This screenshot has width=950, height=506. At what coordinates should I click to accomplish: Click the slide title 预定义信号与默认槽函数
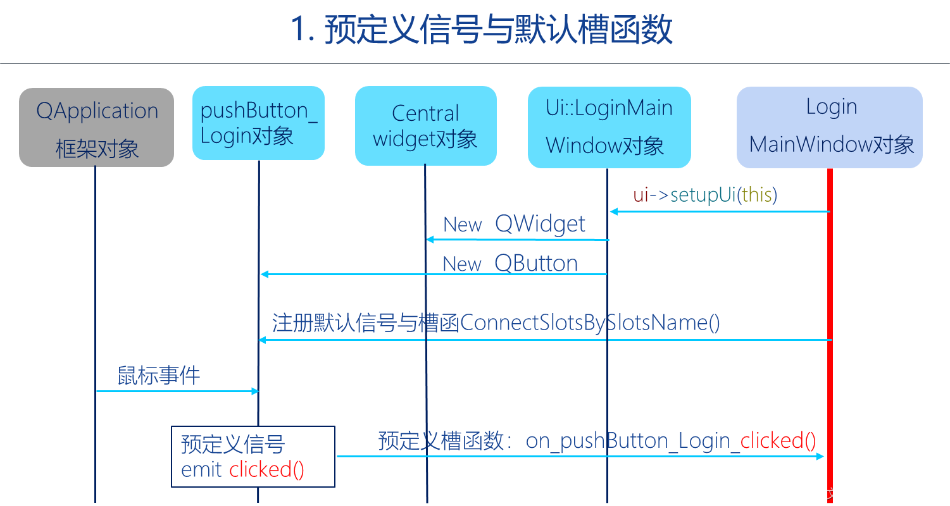tap(499, 29)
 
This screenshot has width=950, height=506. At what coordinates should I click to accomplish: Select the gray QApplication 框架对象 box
tap(97, 127)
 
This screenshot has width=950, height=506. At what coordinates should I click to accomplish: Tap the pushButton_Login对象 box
tap(259, 123)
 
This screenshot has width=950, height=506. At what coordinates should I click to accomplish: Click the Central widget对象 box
tap(426, 126)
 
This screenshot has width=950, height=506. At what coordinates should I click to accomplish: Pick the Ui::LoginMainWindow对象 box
tap(609, 127)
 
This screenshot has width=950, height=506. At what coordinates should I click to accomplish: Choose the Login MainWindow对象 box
tap(830, 127)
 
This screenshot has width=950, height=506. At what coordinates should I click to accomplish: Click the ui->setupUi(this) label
tap(705, 195)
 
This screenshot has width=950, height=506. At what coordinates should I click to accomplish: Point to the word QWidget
tap(540, 224)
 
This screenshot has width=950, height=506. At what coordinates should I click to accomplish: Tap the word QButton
tap(536, 263)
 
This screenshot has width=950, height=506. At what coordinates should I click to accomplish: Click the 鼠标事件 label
tap(159, 376)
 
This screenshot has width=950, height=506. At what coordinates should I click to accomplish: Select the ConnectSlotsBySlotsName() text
tap(590, 323)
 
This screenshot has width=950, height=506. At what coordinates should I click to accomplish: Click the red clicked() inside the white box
tap(266, 469)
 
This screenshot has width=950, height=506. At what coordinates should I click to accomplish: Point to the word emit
tap(201, 469)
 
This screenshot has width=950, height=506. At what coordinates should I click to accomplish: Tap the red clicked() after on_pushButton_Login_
tap(778, 441)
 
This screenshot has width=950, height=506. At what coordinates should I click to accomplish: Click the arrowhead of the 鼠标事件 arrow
tap(255, 391)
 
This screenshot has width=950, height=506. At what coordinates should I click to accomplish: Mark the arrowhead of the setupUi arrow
tap(614, 211)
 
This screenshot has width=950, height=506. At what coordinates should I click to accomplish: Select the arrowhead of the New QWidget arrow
tap(430, 240)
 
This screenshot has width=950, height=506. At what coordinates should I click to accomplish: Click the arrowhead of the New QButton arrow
tap(265, 275)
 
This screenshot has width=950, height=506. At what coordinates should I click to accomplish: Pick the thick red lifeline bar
tap(830, 336)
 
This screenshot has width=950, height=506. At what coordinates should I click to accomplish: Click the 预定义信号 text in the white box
tap(233, 444)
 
